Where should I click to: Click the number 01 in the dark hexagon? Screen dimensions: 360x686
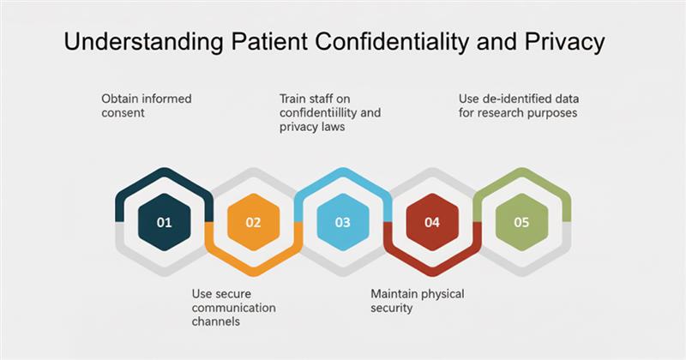(x=164, y=222)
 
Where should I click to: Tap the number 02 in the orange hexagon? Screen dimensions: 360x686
(x=253, y=222)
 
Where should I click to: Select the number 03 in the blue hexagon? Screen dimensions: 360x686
(x=342, y=222)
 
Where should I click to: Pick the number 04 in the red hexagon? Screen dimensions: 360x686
(x=432, y=222)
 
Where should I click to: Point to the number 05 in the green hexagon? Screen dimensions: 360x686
(x=521, y=222)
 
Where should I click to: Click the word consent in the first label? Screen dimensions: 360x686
(x=123, y=112)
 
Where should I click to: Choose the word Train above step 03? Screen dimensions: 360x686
(x=294, y=99)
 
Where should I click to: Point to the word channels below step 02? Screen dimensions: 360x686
(x=215, y=321)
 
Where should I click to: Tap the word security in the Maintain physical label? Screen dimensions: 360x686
(x=391, y=307)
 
